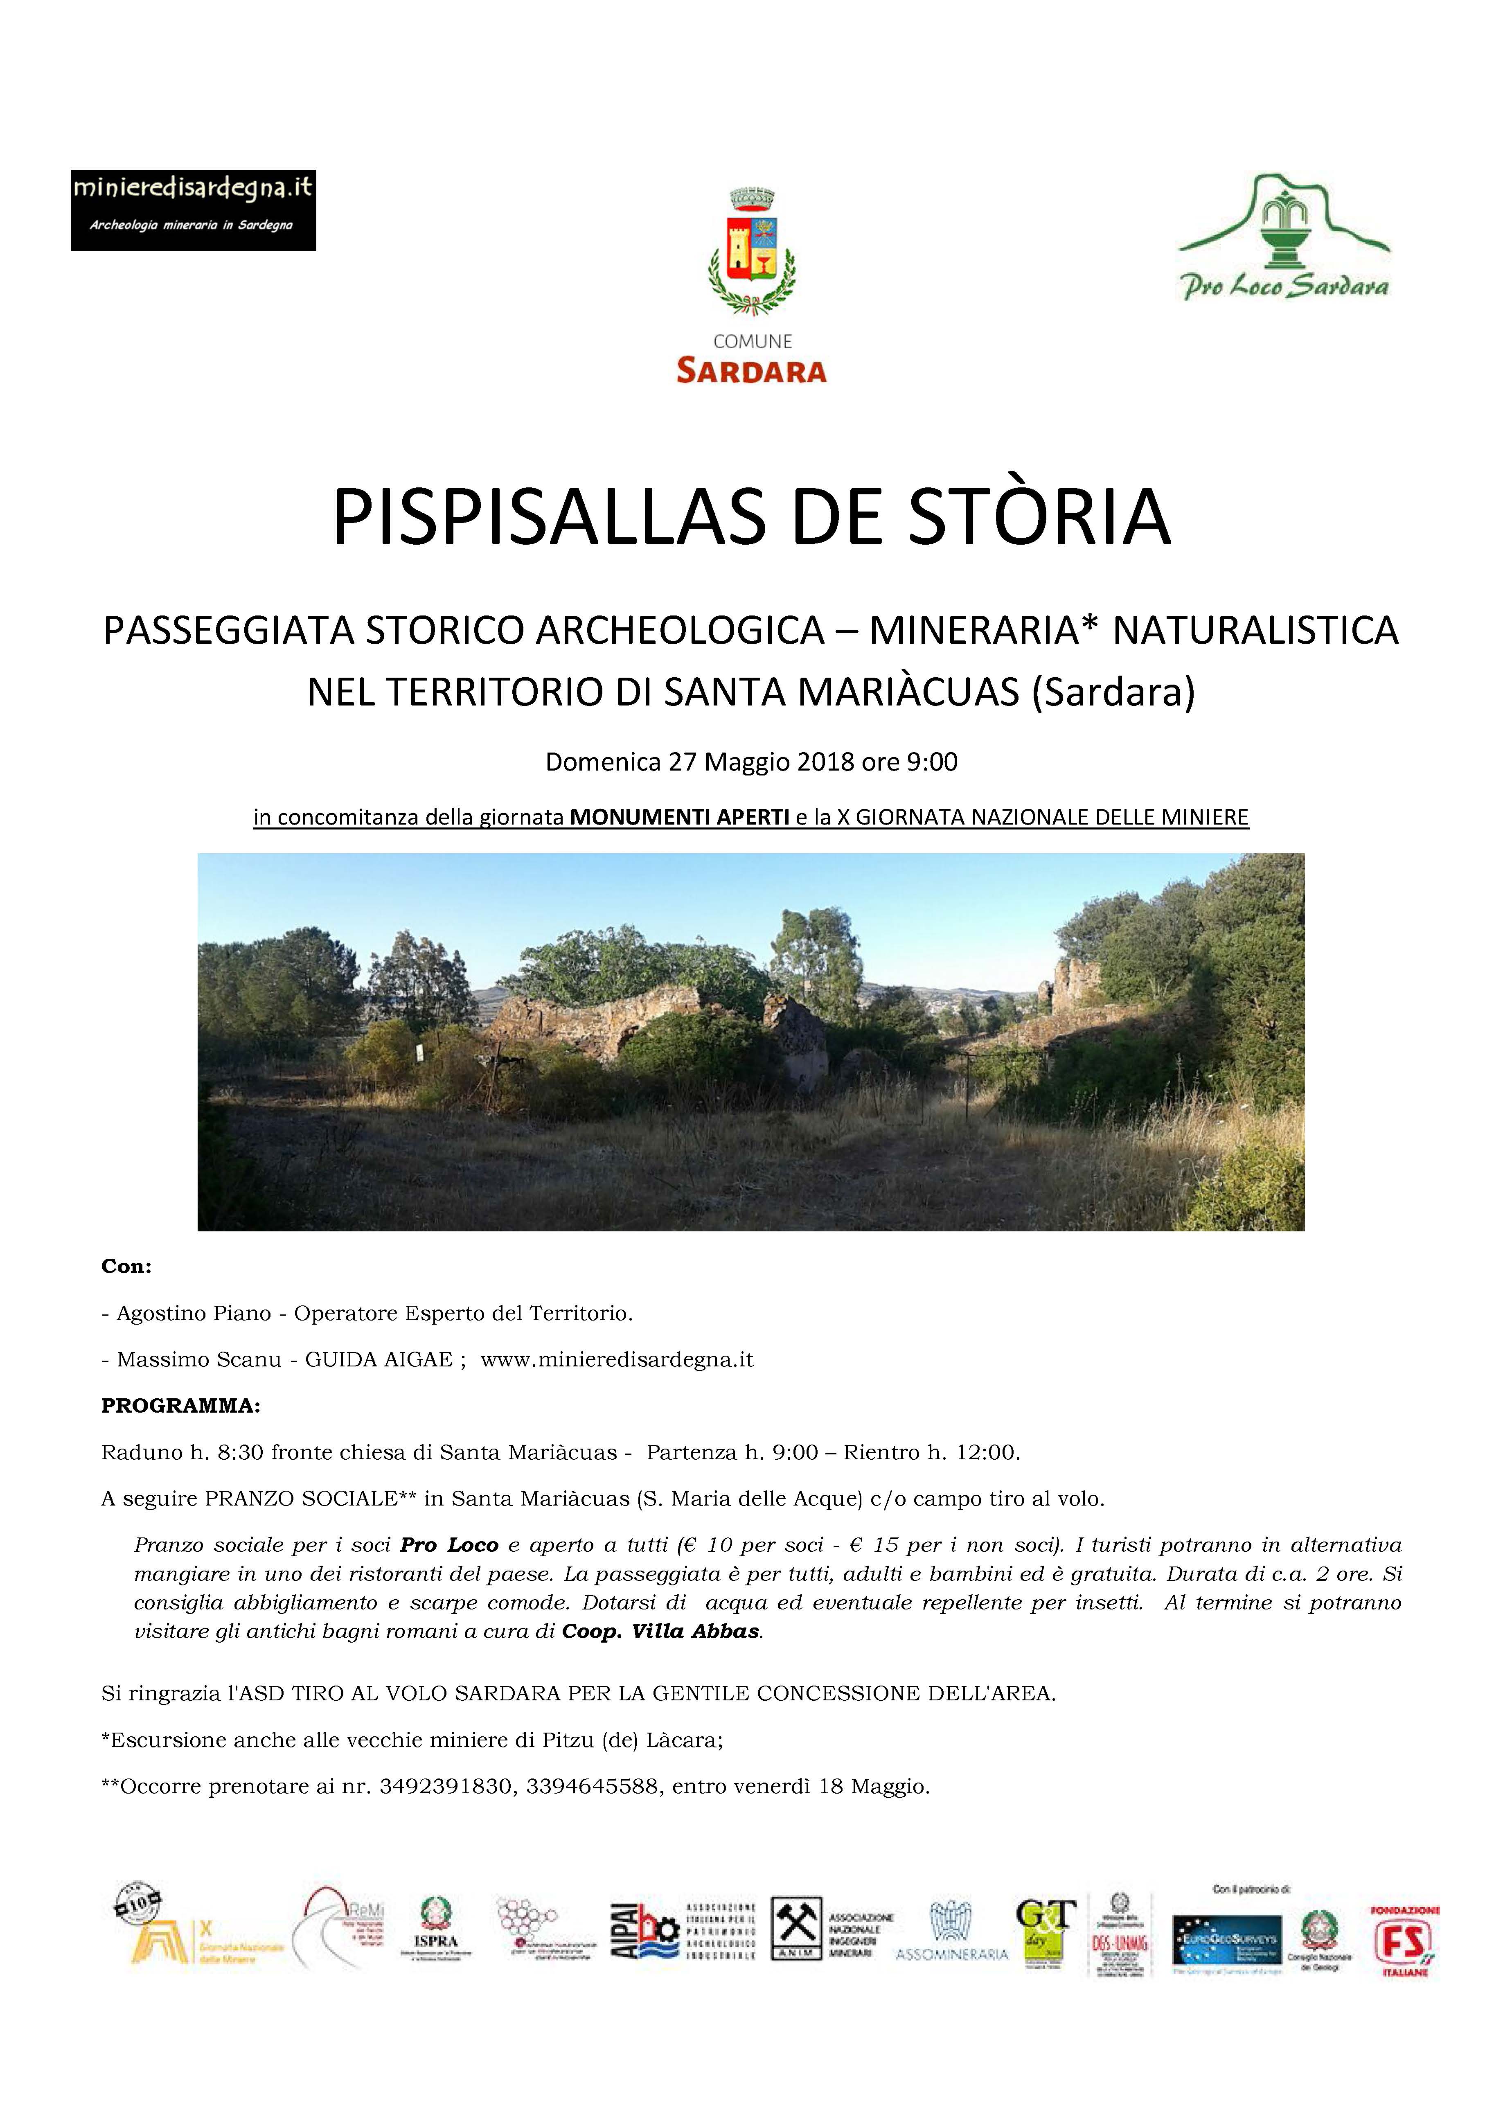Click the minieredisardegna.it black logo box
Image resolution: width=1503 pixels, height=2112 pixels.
pyautogui.click(x=194, y=210)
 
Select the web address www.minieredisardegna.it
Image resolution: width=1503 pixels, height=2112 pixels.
pyautogui.click(x=617, y=1359)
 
